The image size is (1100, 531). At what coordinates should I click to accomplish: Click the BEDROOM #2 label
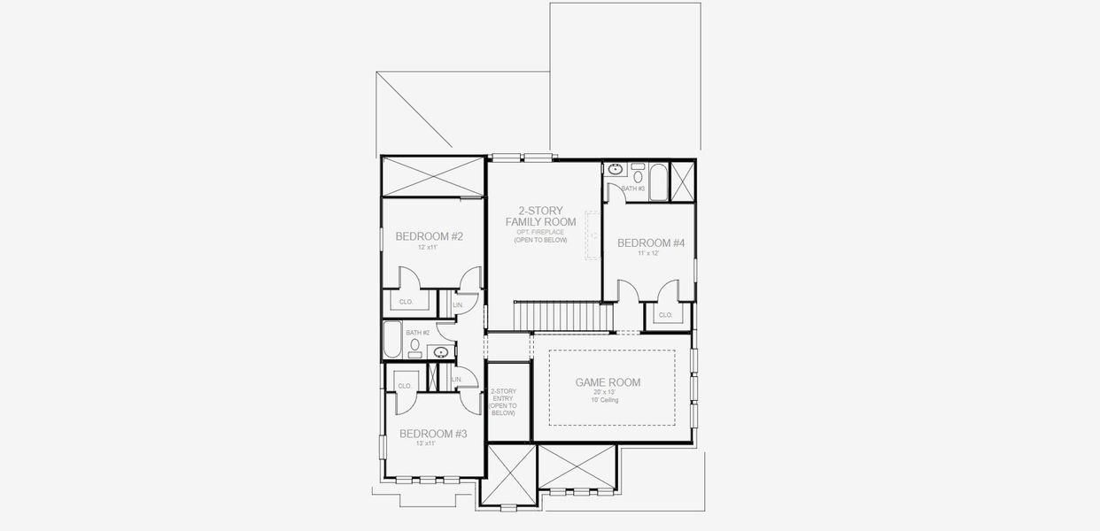(x=430, y=236)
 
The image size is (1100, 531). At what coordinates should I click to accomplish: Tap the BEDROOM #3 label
(x=433, y=434)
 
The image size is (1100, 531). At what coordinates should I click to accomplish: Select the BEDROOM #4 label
(x=651, y=242)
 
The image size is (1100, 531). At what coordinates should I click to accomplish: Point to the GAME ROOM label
(x=608, y=382)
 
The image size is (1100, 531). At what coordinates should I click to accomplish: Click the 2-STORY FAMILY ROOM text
(x=540, y=216)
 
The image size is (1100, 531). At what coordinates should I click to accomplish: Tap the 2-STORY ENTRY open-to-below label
(x=503, y=402)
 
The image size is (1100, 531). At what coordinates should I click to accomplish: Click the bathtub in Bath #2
(x=392, y=340)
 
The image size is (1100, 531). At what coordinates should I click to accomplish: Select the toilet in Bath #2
(x=414, y=345)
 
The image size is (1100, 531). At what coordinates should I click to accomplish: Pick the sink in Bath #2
(x=440, y=352)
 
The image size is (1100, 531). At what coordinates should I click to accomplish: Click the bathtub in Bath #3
(x=658, y=182)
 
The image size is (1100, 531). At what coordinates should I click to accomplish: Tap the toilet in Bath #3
(x=639, y=177)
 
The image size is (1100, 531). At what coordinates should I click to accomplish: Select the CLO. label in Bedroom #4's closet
(x=665, y=315)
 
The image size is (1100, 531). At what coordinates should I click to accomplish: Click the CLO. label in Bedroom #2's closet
(x=407, y=302)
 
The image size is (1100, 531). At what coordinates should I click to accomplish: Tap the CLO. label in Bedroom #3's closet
(x=405, y=386)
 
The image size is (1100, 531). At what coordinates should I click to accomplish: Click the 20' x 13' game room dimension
(x=607, y=392)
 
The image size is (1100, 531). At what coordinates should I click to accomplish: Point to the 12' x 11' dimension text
(x=429, y=248)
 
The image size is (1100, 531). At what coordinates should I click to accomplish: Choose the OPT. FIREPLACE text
(x=540, y=232)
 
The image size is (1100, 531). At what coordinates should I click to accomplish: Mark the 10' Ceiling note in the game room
(x=607, y=400)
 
